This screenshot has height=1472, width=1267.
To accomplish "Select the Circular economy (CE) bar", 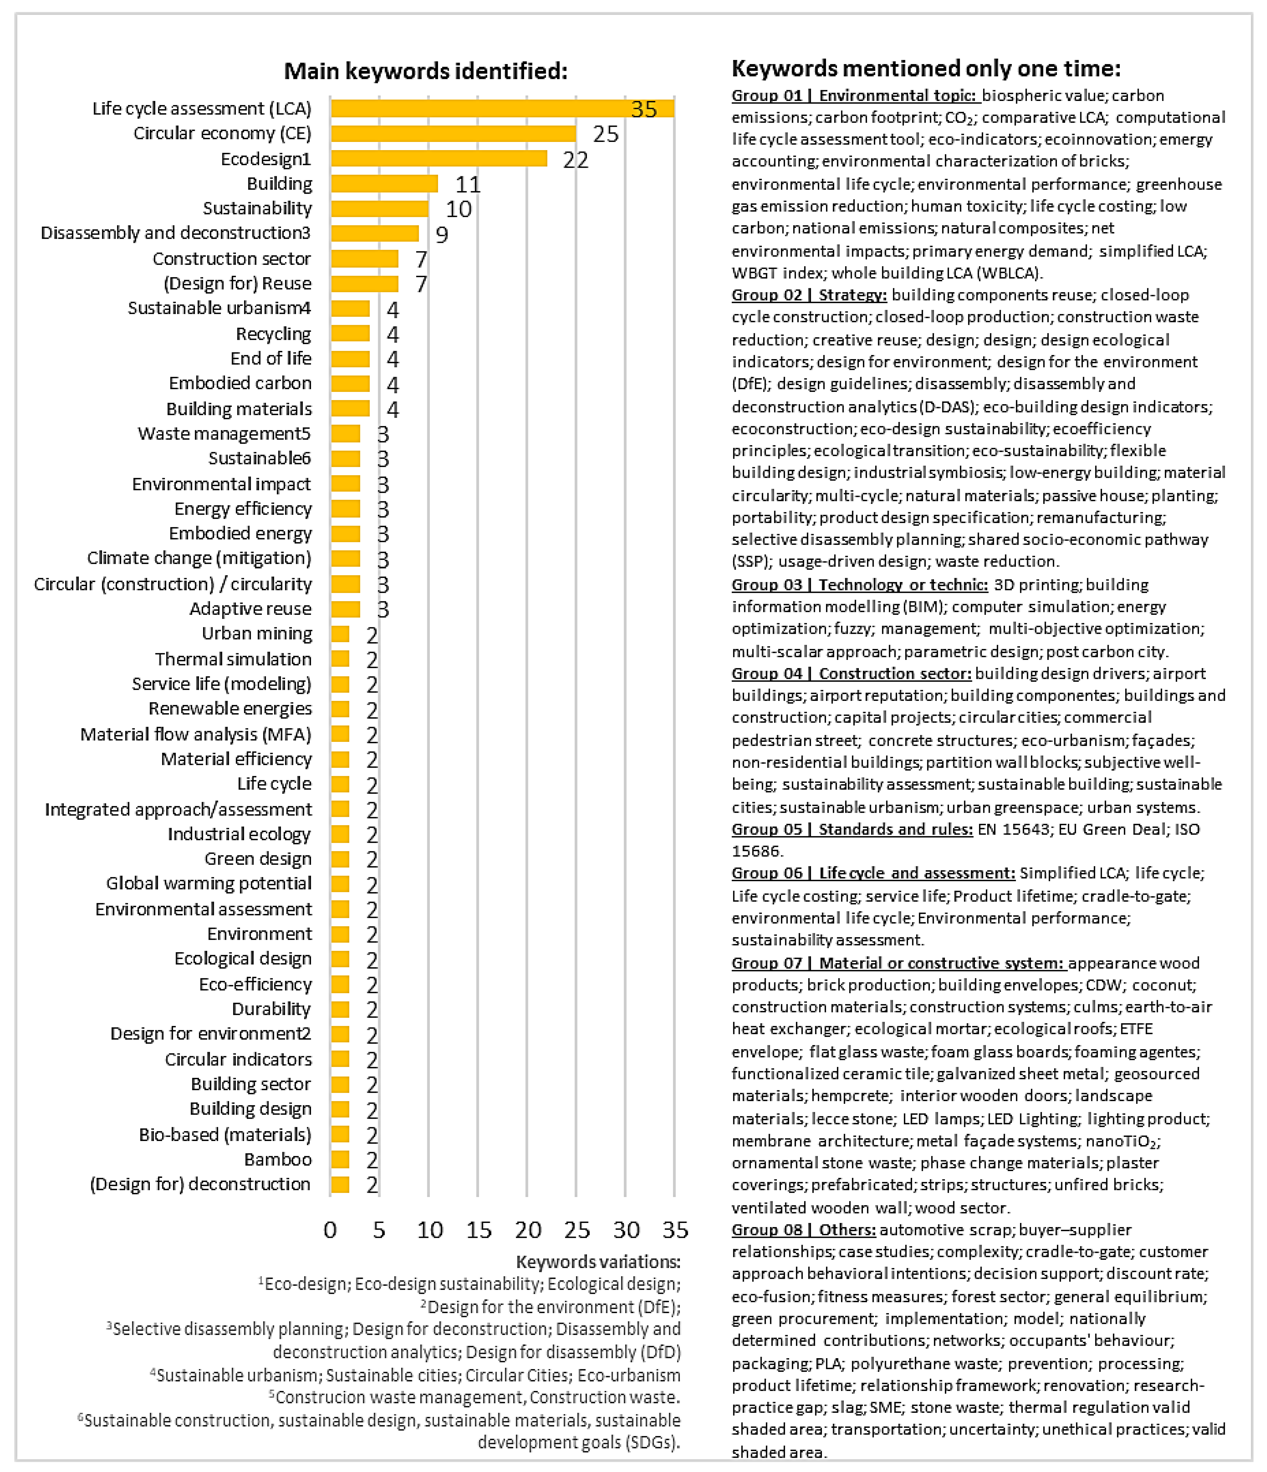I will coord(453,133).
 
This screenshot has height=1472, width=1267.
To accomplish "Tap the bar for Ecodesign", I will coord(438,158).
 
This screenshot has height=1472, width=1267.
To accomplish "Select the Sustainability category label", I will coord(257,208).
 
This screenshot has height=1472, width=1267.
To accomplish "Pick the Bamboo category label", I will coord(278,1159).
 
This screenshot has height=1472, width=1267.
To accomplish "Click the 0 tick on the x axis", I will coord(330,1230).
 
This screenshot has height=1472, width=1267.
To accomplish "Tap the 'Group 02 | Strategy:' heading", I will coord(809,295).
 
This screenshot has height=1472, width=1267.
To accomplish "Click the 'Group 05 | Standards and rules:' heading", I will coord(851,829).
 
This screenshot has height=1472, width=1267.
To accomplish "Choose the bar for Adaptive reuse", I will coord(345,609).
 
